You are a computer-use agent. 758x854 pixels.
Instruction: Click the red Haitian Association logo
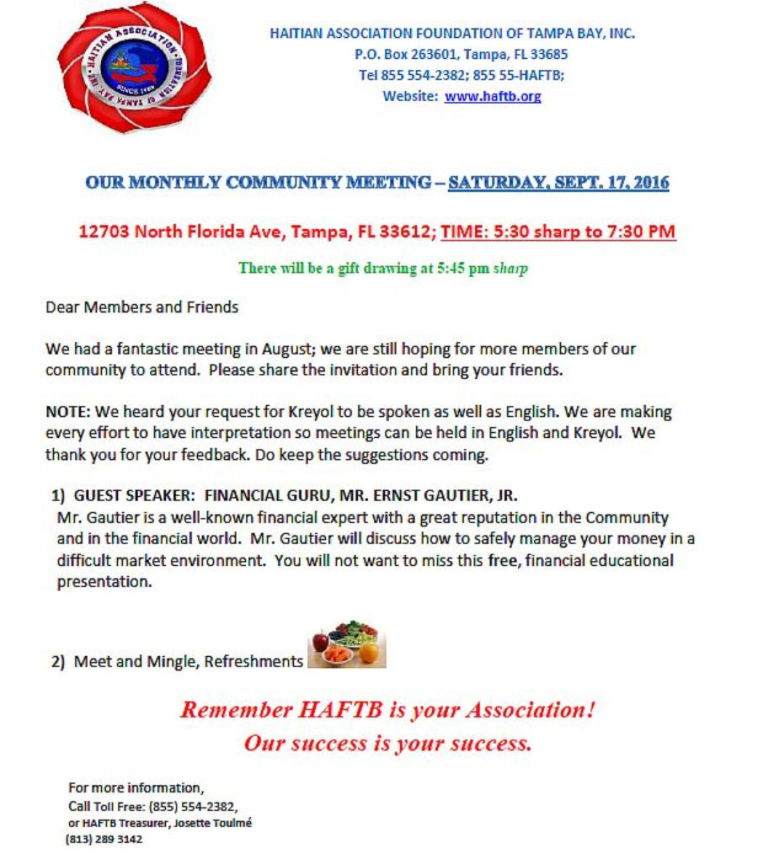tap(134, 67)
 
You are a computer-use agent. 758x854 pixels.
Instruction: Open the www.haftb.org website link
tap(493, 96)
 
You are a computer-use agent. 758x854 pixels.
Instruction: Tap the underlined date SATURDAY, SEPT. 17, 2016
tap(558, 182)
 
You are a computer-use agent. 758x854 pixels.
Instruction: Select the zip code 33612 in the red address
tap(408, 232)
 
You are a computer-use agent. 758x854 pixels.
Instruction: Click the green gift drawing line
tap(383, 269)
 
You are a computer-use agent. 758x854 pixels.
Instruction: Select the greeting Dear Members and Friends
tap(141, 307)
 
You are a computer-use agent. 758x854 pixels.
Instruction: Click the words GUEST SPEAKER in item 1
tap(135, 496)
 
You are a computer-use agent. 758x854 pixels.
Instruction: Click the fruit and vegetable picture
tap(346, 645)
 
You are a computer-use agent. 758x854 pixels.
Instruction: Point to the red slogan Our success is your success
tap(388, 743)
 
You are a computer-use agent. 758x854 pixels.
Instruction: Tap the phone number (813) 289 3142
tap(104, 840)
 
